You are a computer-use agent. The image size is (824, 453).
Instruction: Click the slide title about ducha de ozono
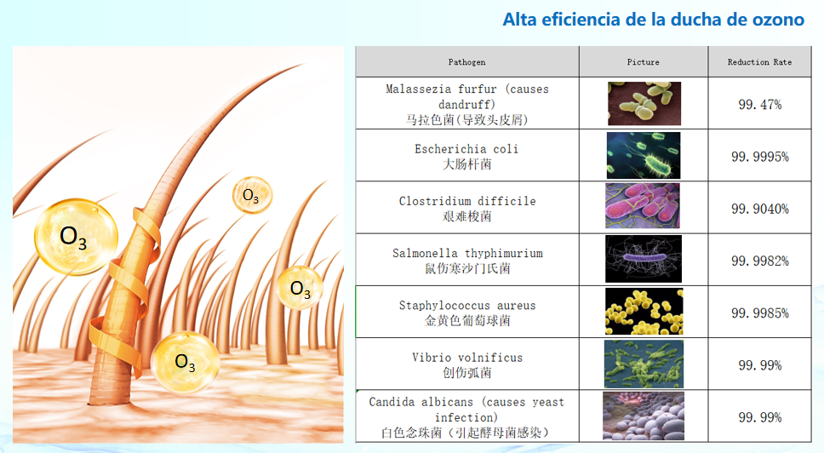(x=653, y=20)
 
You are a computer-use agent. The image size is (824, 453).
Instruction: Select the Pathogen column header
(x=466, y=62)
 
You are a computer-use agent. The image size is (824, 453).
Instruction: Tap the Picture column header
(x=644, y=62)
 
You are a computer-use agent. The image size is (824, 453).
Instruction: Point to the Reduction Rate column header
(x=759, y=62)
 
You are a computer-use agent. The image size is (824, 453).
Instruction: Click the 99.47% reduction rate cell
(x=760, y=104)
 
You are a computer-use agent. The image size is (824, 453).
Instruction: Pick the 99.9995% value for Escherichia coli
(x=760, y=156)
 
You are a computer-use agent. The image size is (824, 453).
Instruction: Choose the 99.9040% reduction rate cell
(x=760, y=208)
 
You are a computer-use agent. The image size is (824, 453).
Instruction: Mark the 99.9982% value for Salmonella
(x=760, y=261)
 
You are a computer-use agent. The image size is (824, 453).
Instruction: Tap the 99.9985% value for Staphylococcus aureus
(x=760, y=313)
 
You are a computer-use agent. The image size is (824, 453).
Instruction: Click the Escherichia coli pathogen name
(x=466, y=149)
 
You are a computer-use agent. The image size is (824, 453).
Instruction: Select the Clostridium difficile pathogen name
(x=467, y=201)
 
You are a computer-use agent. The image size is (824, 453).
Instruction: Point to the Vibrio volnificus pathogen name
(x=467, y=358)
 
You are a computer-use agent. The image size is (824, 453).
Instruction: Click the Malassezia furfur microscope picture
(x=644, y=104)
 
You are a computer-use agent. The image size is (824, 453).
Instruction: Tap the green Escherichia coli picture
(x=644, y=156)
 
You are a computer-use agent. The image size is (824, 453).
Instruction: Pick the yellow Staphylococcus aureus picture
(x=644, y=311)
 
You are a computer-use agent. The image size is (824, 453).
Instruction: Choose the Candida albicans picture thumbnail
(x=644, y=416)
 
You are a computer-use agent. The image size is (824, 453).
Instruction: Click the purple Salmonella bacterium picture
(x=644, y=259)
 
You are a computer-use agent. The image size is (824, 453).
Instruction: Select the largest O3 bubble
(x=76, y=237)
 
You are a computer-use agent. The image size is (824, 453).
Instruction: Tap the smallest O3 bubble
(x=252, y=195)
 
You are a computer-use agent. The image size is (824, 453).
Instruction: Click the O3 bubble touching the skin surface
(x=185, y=362)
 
